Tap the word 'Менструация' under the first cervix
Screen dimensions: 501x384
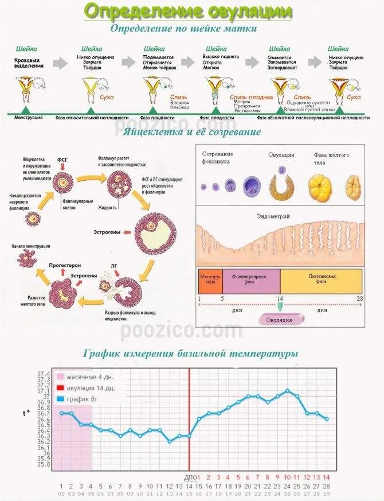click(29, 117)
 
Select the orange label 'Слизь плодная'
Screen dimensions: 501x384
click(251, 98)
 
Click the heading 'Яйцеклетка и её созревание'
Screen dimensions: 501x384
click(192, 132)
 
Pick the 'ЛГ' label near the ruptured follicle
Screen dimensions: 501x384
click(114, 267)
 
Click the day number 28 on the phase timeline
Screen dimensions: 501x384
click(359, 299)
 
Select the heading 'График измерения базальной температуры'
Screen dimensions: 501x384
click(190, 354)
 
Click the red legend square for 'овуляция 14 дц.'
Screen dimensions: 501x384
click(60, 387)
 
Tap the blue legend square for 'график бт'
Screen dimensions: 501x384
click(60, 398)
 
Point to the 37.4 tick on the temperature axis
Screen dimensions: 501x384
click(44, 374)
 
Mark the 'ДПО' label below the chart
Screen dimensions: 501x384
click(190, 477)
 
